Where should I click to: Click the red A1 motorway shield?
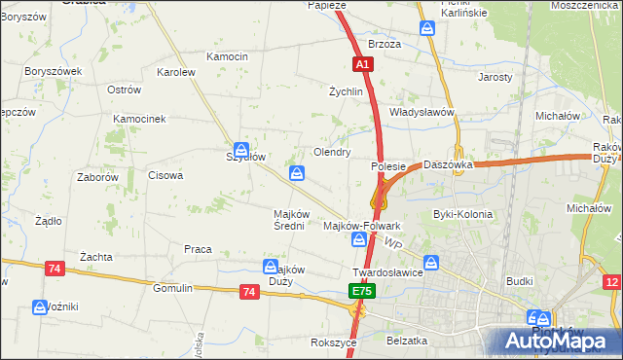tap(362, 64)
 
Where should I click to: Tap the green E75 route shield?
tap(362, 291)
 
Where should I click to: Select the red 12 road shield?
tap(612, 282)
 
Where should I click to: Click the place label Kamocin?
tap(227, 56)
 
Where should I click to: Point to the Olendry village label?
tap(331, 153)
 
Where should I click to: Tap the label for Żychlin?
tap(346, 91)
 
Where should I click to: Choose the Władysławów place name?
tap(422, 112)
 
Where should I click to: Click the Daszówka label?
tap(448, 165)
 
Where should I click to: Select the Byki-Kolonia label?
tap(462, 214)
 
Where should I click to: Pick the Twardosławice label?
tap(386, 273)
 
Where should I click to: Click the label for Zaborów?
tap(97, 178)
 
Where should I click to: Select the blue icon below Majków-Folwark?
tap(359, 239)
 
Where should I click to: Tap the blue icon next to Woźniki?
tap(42, 306)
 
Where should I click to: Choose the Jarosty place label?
tap(495, 77)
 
